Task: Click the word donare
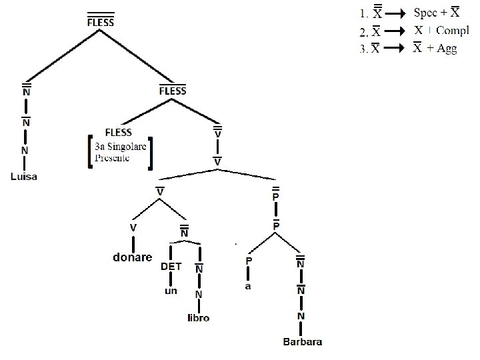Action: point(131,257)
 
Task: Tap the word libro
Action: point(199,318)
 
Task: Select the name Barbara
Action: point(303,343)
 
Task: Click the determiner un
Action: point(171,291)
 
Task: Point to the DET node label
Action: point(171,266)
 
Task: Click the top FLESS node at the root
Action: point(101,21)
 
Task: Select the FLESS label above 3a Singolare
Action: point(118,132)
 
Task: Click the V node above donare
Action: point(133,228)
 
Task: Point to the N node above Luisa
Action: point(25,151)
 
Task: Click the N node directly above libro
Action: point(199,295)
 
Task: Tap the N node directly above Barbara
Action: point(301,316)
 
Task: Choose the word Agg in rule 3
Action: point(447,49)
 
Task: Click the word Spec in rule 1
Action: point(425,13)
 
